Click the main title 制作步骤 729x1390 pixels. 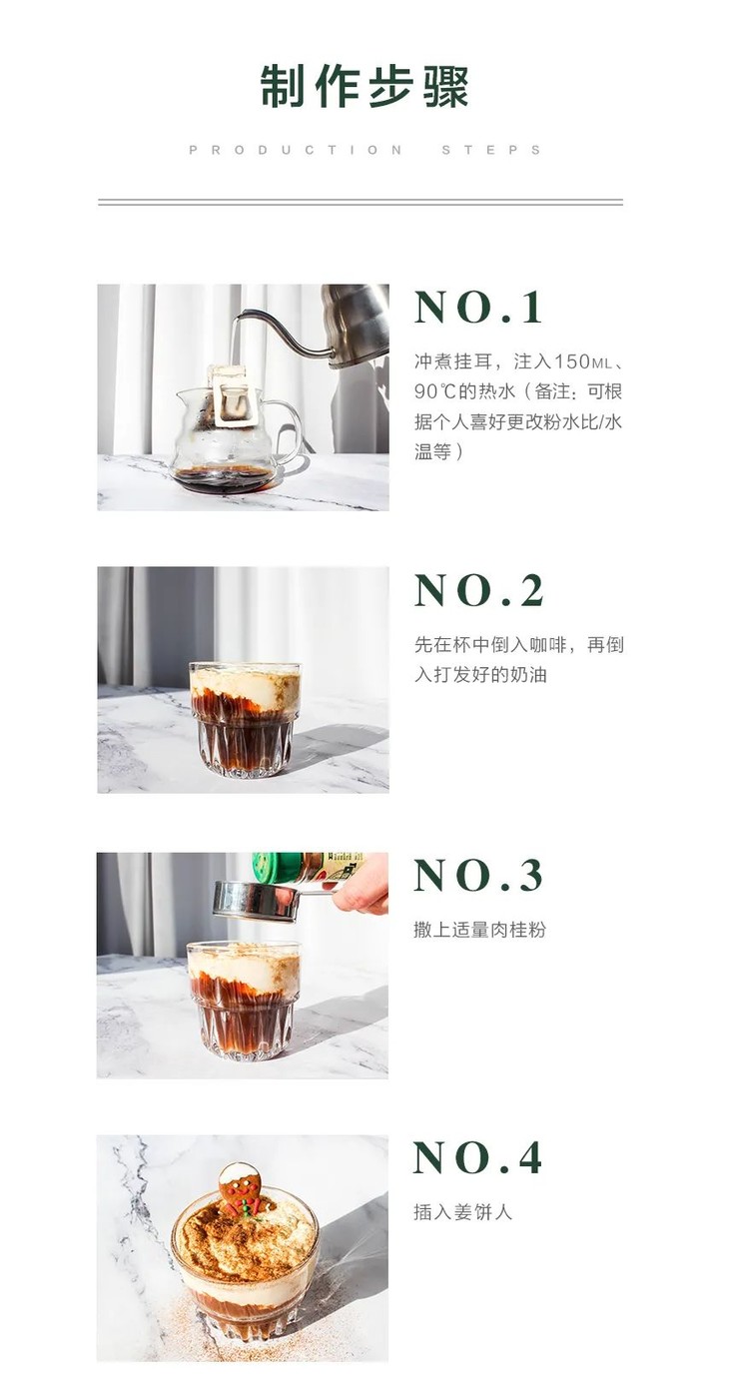(364, 87)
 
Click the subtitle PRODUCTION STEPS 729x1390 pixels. (364, 150)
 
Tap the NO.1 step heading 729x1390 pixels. (479, 308)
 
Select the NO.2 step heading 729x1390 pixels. (479, 591)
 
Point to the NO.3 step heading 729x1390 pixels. (479, 876)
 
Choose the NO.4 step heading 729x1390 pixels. (478, 1158)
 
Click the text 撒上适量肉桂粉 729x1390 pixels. (479, 930)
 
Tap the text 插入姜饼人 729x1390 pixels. (462, 1212)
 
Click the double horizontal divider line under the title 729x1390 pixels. (360, 202)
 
